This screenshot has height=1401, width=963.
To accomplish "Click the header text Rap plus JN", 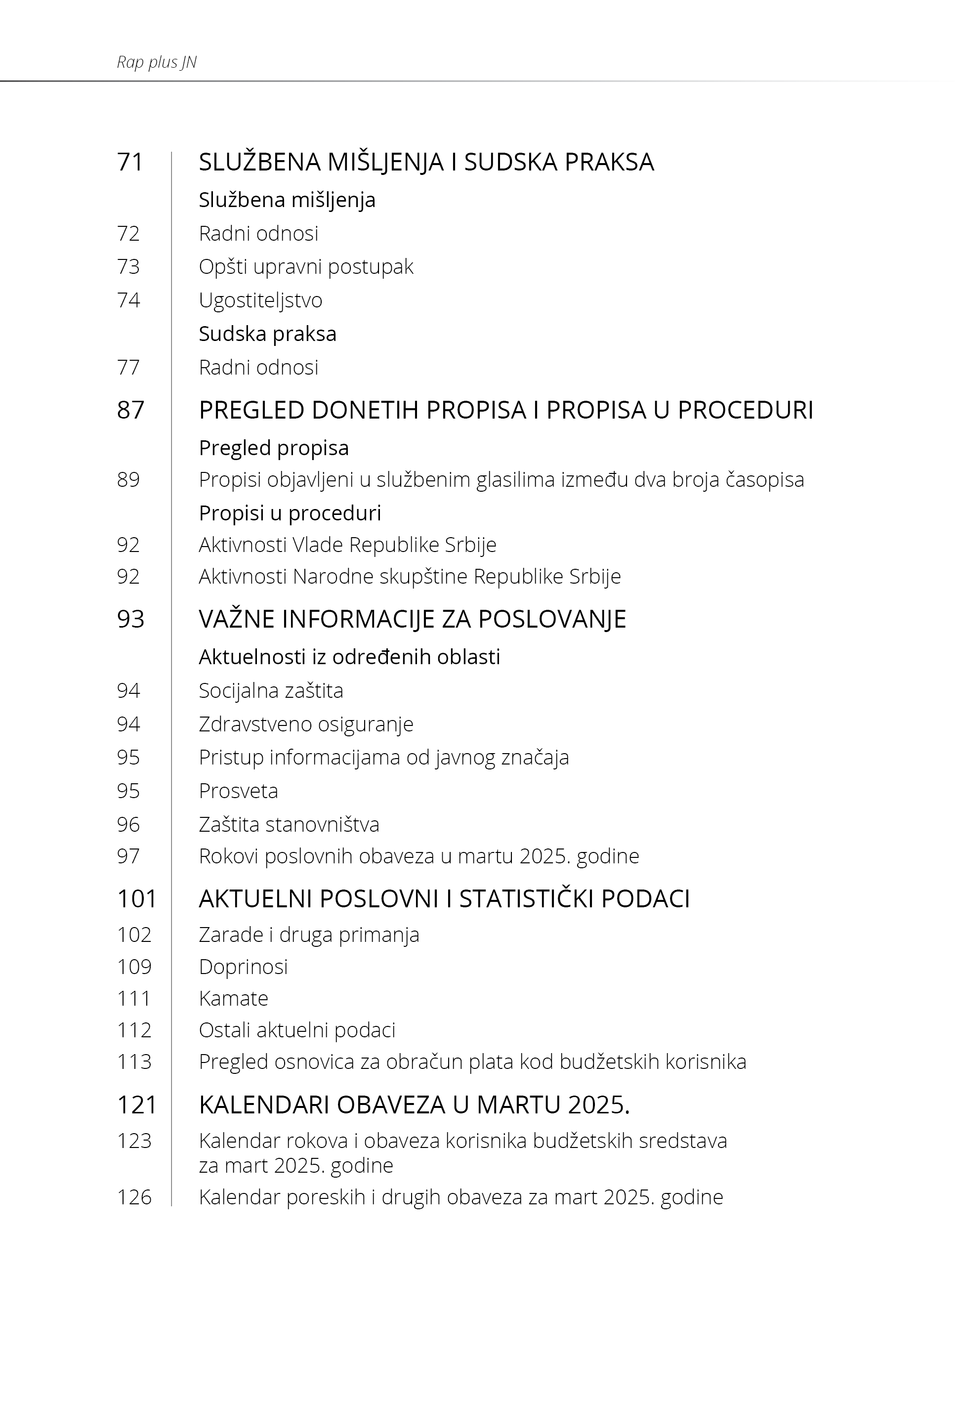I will pyautogui.click(x=157, y=62).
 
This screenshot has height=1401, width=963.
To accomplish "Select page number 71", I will pyautogui.click(x=130, y=162).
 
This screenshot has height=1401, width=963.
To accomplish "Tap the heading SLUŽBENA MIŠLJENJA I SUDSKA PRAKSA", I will pyautogui.click(x=426, y=162).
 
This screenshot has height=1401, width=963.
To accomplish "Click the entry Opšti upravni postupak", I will pyautogui.click(x=306, y=267).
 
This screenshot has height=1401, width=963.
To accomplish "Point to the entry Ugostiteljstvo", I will pyautogui.click(x=261, y=300).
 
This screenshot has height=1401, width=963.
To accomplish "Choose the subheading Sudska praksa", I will pyautogui.click(x=267, y=334).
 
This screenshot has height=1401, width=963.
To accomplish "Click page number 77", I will pyautogui.click(x=128, y=368).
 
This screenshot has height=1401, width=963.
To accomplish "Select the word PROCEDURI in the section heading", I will pyautogui.click(x=745, y=410).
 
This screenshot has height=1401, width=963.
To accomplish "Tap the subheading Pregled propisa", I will pyautogui.click(x=274, y=448).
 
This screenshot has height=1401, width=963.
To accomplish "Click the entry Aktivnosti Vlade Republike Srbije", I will pyautogui.click(x=347, y=545).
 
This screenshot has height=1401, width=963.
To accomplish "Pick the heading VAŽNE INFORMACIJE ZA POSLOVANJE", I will pyautogui.click(x=412, y=619).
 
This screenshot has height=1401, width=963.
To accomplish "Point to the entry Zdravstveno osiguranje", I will pyautogui.click(x=306, y=724).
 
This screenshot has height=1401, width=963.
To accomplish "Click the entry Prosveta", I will pyautogui.click(x=238, y=791).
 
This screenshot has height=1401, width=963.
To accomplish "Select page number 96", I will pyautogui.click(x=128, y=825).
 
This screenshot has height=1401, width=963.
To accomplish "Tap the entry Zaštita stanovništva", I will pyautogui.click(x=289, y=825).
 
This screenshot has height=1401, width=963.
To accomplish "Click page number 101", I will pyautogui.click(x=137, y=899).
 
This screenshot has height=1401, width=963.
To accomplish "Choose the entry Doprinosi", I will pyautogui.click(x=243, y=967).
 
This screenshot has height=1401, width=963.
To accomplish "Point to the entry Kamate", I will pyautogui.click(x=234, y=999).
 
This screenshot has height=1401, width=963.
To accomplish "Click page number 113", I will pyautogui.click(x=134, y=1062).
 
